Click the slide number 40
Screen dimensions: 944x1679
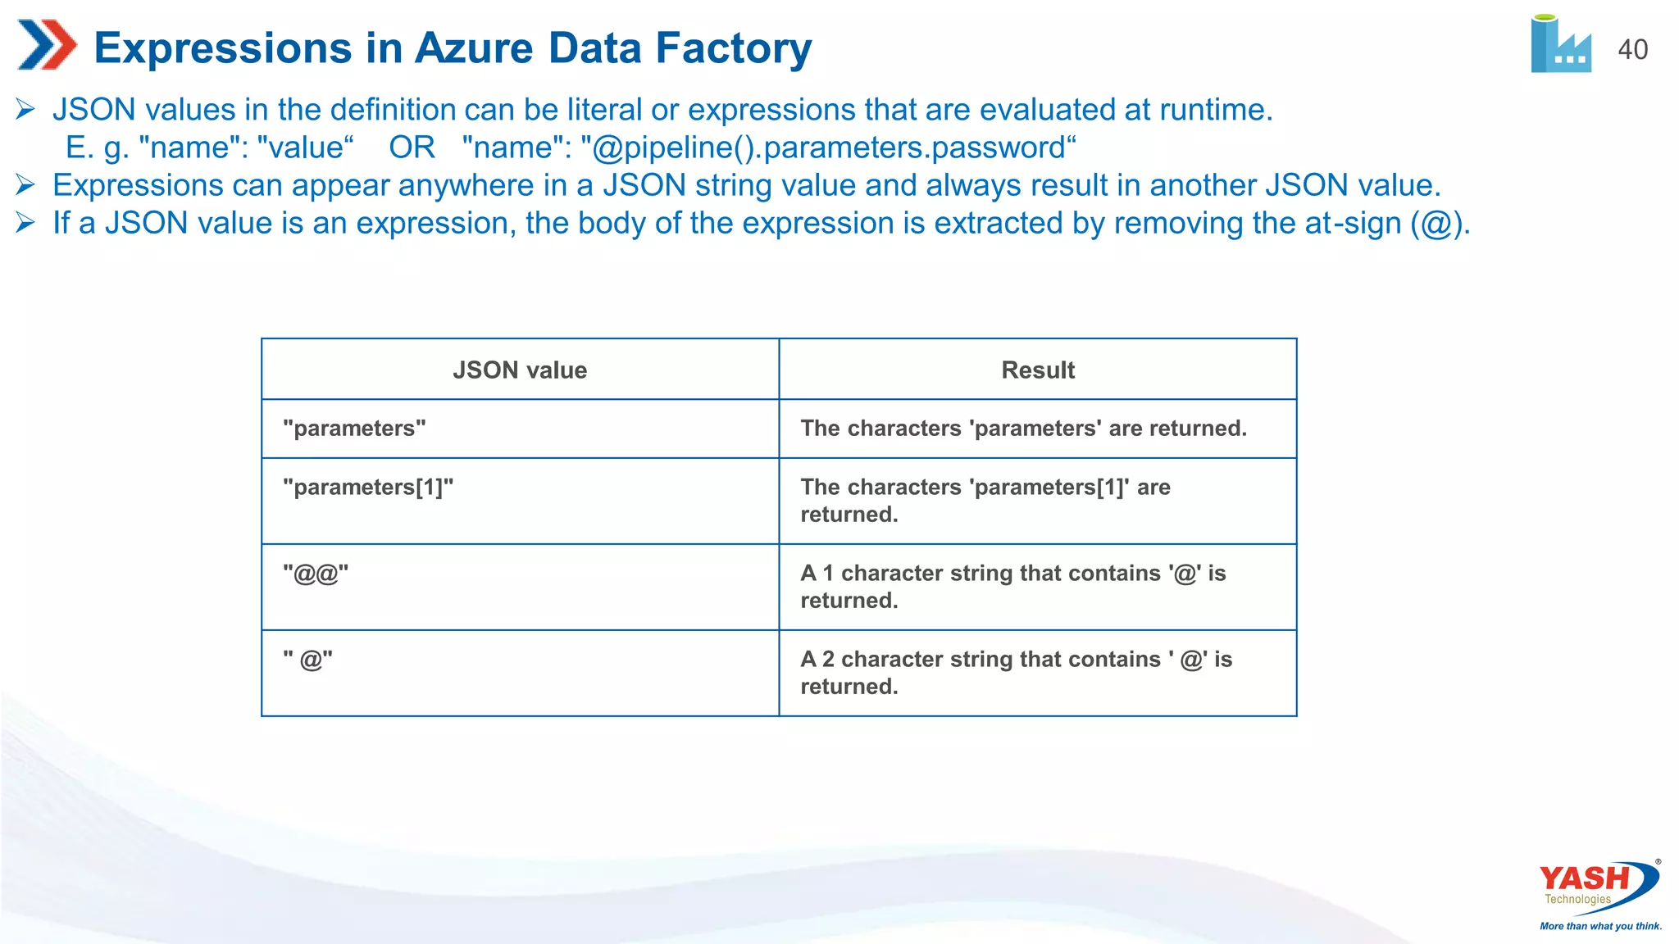(x=1632, y=50)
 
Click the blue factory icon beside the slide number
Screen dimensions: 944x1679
(x=1560, y=46)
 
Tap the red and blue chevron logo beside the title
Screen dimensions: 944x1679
(x=46, y=45)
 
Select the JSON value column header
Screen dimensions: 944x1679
(x=520, y=370)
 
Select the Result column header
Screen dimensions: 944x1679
(x=1037, y=370)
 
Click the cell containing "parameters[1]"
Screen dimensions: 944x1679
(x=368, y=488)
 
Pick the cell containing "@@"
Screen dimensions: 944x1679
(x=316, y=574)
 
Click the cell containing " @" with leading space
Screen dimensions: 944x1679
(x=308, y=660)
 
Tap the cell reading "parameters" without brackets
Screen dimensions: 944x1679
(x=354, y=429)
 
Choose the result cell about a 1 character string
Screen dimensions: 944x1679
(x=1012, y=587)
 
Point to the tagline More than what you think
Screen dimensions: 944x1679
(x=1600, y=926)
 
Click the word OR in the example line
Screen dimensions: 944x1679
(x=412, y=148)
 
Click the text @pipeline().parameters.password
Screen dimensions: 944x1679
(x=828, y=148)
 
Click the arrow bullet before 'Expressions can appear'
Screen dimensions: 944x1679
(x=25, y=185)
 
